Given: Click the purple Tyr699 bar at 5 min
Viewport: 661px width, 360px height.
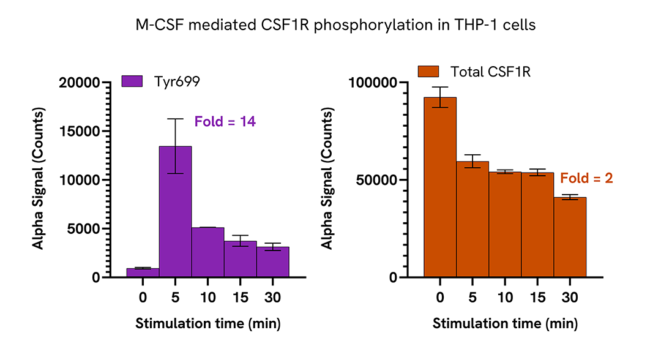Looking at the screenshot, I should click(x=175, y=211).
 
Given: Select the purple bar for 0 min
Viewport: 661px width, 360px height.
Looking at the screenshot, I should click(x=143, y=272).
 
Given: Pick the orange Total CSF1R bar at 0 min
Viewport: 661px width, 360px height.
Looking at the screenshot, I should click(x=440, y=187).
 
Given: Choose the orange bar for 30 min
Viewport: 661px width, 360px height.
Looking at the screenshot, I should click(x=570, y=237).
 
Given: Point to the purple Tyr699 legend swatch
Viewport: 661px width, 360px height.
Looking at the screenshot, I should click(x=132, y=81).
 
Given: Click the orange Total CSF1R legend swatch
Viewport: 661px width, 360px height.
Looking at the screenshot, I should click(x=429, y=72).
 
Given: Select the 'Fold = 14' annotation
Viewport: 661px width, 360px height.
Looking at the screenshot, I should click(x=225, y=122).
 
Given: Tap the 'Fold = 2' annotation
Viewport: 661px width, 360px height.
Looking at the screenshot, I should click(x=586, y=179).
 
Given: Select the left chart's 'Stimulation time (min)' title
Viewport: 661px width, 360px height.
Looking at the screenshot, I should click(x=207, y=323).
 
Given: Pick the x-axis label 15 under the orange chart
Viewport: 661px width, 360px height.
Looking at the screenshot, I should click(x=537, y=298).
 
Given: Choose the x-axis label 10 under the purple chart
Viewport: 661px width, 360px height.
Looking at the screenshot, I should click(x=207, y=298).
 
